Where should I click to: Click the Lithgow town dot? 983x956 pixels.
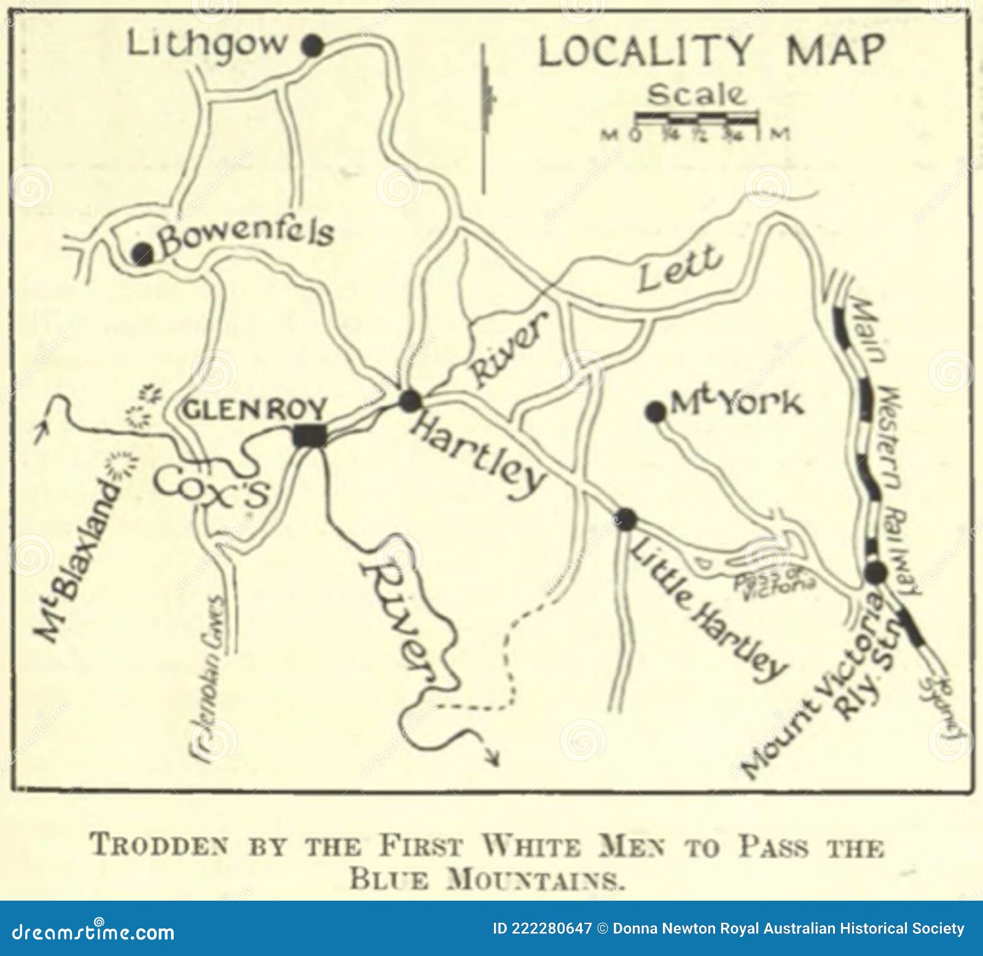(x=312, y=45)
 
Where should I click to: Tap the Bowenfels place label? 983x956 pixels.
(x=246, y=236)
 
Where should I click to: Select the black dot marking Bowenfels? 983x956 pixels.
(x=143, y=253)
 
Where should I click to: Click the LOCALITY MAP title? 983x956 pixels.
(x=711, y=51)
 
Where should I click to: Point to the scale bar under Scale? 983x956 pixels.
(x=695, y=116)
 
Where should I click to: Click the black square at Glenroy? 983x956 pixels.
(x=310, y=435)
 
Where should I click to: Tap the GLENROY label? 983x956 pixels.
(x=255, y=409)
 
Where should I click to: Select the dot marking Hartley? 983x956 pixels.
(x=410, y=401)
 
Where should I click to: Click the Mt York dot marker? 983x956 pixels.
(x=656, y=412)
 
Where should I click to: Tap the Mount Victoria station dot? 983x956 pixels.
(x=875, y=572)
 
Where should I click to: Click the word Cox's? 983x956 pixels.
(x=211, y=488)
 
